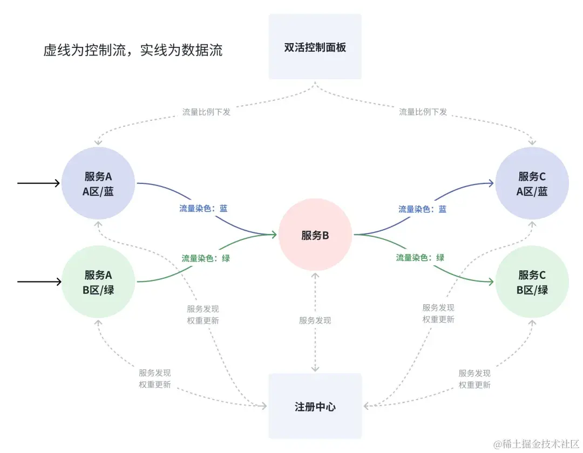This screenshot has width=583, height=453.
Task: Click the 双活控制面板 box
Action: [315, 47]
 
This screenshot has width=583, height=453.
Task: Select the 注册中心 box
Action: [315, 406]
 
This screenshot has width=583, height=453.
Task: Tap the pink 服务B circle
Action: [315, 235]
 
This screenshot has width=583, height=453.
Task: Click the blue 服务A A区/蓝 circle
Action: [98, 183]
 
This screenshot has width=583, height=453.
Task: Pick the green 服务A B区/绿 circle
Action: [98, 282]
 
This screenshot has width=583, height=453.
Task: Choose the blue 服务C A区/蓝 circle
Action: [532, 183]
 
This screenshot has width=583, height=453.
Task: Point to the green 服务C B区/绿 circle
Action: [532, 282]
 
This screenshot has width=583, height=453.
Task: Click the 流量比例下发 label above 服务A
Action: [206, 112]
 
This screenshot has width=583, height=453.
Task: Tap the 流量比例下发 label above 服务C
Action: [423, 112]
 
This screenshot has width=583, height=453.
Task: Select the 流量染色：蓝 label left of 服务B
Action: [204, 208]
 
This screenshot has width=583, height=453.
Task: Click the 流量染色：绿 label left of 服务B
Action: [206, 258]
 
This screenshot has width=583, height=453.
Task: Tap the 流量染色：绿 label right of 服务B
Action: [421, 258]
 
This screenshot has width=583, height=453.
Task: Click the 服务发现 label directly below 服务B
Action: [315, 320]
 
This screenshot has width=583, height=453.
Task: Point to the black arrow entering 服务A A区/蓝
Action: [39, 183]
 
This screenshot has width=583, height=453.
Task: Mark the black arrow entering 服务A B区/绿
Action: [39, 282]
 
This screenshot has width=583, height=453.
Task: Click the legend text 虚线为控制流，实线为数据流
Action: [133, 51]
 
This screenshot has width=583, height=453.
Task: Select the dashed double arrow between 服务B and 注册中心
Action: [315, 345]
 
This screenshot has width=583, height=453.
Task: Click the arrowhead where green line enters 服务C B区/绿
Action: [491, 282]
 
